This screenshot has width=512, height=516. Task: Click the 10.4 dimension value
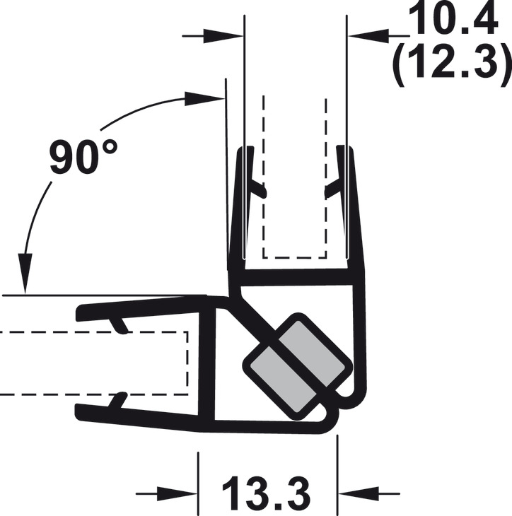click(x=453, y=18)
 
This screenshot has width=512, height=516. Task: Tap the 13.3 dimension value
click(x=267, y=493)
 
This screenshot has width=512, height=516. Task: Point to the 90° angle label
click(x=83, y=157)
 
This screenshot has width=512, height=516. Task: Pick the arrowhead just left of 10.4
click(x=368, y=35)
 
